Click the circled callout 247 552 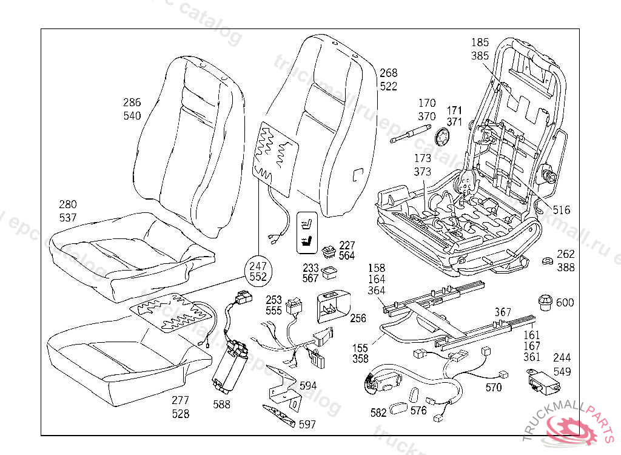click(x=259, y=271)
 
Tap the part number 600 click(x=565, y=303)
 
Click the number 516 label click(x=562, y=210)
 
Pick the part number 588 click(x=222, y=405)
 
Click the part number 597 click(x=307, y=425)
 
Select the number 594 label click(x=308, y=386)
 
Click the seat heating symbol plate click(x=307, y=232)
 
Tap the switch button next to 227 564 click(x=329, y=251)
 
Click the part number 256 click(x=358, y=318)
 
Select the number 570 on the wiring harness click(x=494, y=386)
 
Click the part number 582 click(x=378, y=413)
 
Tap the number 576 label click(x=418, y=411)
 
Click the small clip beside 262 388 click(x=547, y=261)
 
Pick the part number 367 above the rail click(x=503, y=312)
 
